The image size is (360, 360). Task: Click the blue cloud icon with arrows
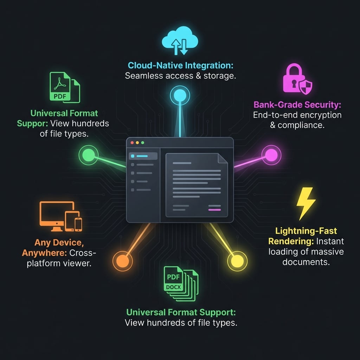(x=180, y=40)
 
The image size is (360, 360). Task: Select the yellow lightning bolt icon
(x=306, y=204)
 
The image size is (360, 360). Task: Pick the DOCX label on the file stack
(x=173, y=287)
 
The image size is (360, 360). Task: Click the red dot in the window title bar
(x=132, y=143)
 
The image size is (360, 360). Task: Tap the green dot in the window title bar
(x=143, y=143)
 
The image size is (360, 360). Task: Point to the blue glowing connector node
(x=180, y=96)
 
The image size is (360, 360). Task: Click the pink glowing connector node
(x=271, y=155)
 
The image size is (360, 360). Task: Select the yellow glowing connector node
(x=237, y=261)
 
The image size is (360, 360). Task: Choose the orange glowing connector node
(x=123, y=261)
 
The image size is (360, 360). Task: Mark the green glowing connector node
(x=88, y=155)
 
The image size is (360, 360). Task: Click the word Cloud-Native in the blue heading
(x=155, y=65)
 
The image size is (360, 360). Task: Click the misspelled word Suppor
(x=32, y=123)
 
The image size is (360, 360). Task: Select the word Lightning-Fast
(x=306, y=231)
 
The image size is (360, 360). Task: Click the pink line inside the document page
(x=214, y=210)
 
